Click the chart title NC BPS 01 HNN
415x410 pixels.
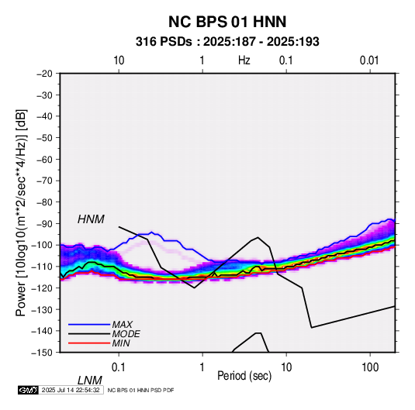[x=227, y=22]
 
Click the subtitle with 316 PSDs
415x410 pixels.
[x=227, y=42]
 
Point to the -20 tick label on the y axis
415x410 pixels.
[x=44, y=74]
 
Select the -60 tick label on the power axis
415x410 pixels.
[x=44, y=159]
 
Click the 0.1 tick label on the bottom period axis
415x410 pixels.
[x=119, y=367]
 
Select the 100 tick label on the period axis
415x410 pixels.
[x=370, y=367]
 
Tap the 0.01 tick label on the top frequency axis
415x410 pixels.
[x=369, y=60]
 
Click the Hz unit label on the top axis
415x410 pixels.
[x=244, y=60]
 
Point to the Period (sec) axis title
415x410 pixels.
[x=244, y=376]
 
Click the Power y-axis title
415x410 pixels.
[x=21, y=213]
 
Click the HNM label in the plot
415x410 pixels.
[x=91, y=219]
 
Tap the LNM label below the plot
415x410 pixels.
[x=90, y=381]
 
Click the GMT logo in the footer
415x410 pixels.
[x=29, y=390]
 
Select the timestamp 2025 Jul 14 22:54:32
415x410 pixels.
[x=71, y=390]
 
